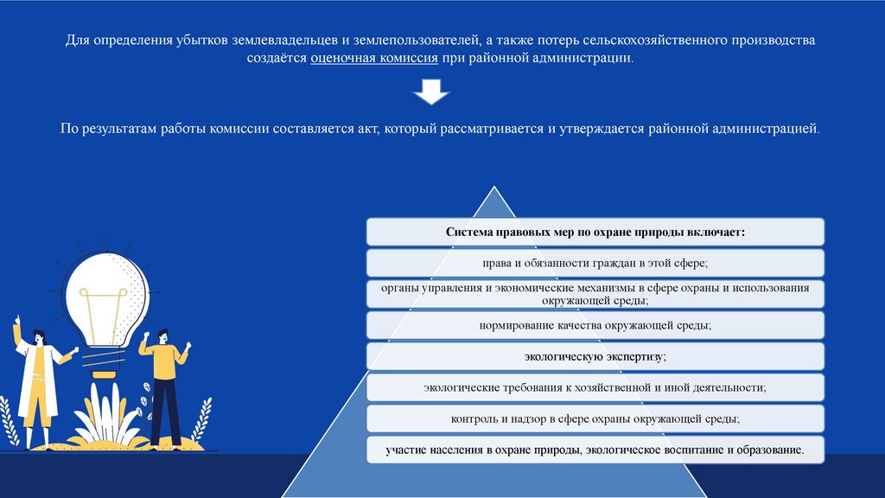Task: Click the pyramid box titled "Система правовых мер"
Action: [x=595, y=232]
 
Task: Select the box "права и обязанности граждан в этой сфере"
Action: [x=595, y=263]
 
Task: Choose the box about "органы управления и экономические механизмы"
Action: [x=595, y=294]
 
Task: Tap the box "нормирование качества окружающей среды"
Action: [x=595, y=325]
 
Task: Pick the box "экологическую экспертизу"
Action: [x=595, y=356]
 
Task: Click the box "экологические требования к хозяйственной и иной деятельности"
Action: [x=595, y=387]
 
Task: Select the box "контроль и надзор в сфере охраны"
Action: [x=595, y=418]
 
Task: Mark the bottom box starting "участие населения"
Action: [x=595, y=450]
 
